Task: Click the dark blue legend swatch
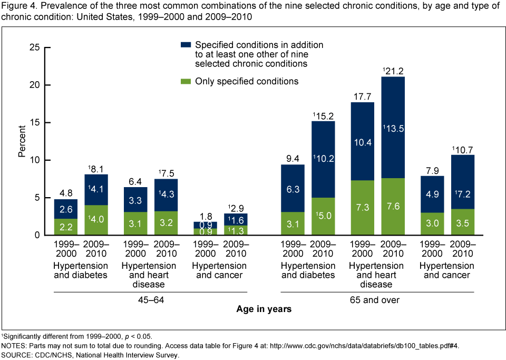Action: click(186, 45)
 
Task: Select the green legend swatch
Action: click(186, 81)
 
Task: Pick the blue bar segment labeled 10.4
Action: click(362, 141)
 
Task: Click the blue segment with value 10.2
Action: click(323, 159)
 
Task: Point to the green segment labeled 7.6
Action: click(393, 206)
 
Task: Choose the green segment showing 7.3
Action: click(362, 207)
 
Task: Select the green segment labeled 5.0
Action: click(323, 216)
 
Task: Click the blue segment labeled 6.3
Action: click(293, 188)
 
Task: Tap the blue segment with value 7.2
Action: click(463, 182)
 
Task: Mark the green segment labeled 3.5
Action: click(463, 221)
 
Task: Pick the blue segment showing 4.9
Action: click(432, 194)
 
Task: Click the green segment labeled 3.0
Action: click(432, 223)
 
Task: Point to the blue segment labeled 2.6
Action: click(65, 209)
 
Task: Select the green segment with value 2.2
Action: click(65, 227)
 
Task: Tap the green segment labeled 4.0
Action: click(96, 219)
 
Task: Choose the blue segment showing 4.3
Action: click(166, 194)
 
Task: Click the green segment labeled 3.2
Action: click(166, 222)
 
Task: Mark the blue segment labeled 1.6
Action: click(236, 219)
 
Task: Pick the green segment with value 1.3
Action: click(236, 230)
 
